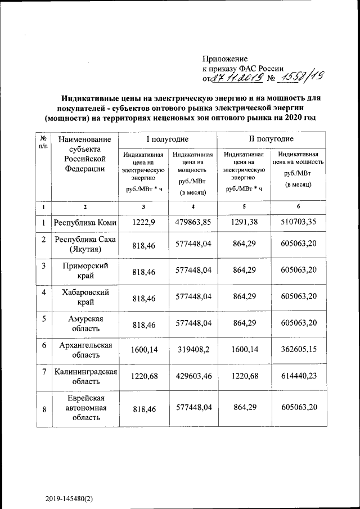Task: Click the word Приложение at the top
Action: point(225,58)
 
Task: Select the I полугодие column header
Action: point(167,138)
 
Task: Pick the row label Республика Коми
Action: point(85,222)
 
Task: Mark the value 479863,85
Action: point(193,222)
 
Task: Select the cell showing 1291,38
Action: point(244,222)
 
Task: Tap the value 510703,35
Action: point(299,222)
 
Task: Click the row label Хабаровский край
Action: point(85,298)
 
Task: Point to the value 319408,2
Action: point(193,349)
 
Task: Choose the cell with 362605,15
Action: point(299,349)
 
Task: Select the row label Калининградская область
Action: point(85,376)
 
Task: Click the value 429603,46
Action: point(193,376)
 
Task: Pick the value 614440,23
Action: point(299,376)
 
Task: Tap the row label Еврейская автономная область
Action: point(85,408)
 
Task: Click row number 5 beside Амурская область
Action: point(43,319)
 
